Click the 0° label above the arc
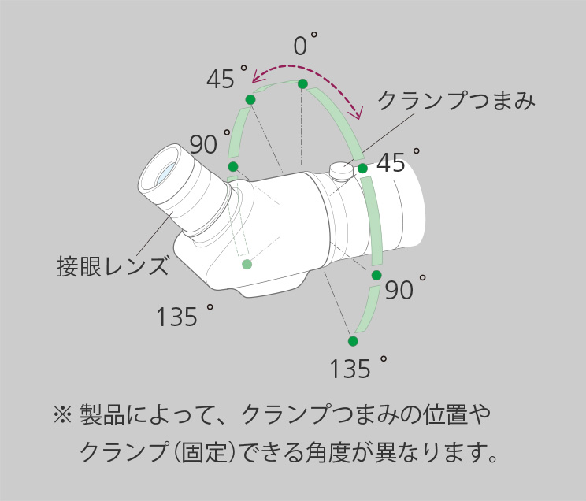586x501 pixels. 305,45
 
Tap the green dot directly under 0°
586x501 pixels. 302,83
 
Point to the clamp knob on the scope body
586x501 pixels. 341,169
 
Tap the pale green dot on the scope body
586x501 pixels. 247,264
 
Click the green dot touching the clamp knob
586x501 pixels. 362,169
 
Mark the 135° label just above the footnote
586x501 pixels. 358,368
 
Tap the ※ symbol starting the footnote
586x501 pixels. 61,414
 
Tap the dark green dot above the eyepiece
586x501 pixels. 233,166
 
